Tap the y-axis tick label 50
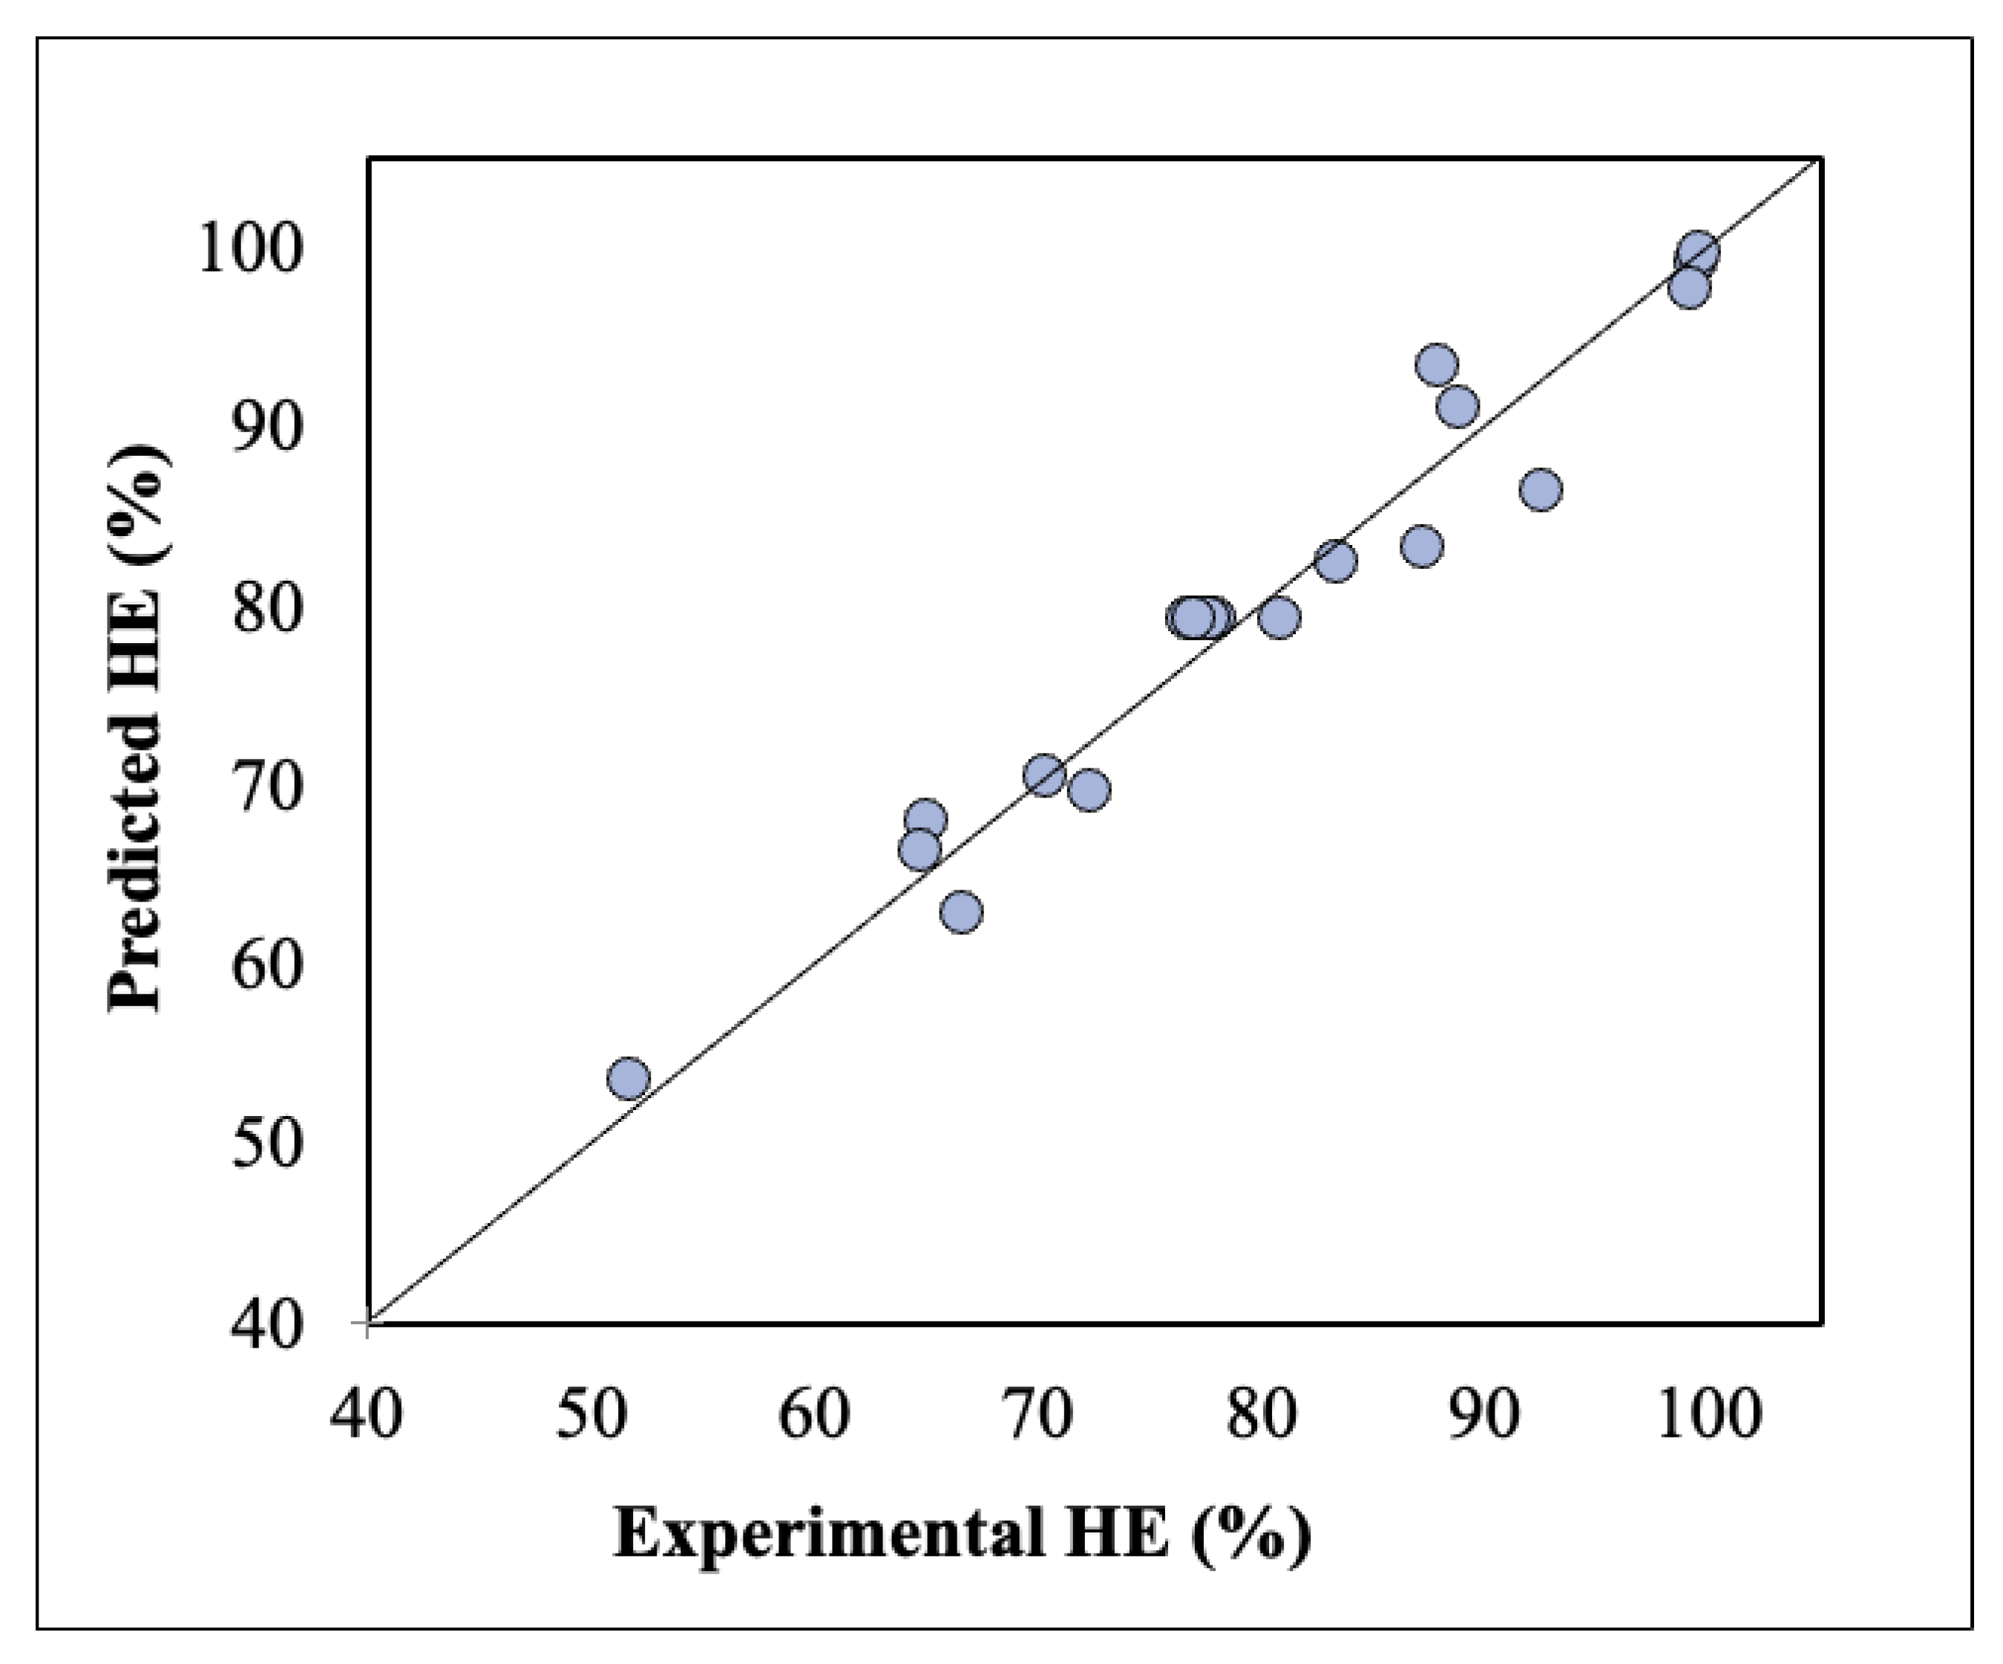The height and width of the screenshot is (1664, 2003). tap(255, 1144)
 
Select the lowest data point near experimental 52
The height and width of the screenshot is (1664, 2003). tap(628, 1079)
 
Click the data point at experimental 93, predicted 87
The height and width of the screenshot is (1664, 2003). tap(1541, 490)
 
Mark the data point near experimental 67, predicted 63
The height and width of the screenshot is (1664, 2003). tap(962, 912)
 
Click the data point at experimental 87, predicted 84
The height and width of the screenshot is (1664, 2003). tap(1422, 546)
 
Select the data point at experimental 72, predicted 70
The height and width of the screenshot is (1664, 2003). tap(1088, 790)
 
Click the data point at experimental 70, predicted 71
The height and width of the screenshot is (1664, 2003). tap(1044, 774)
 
